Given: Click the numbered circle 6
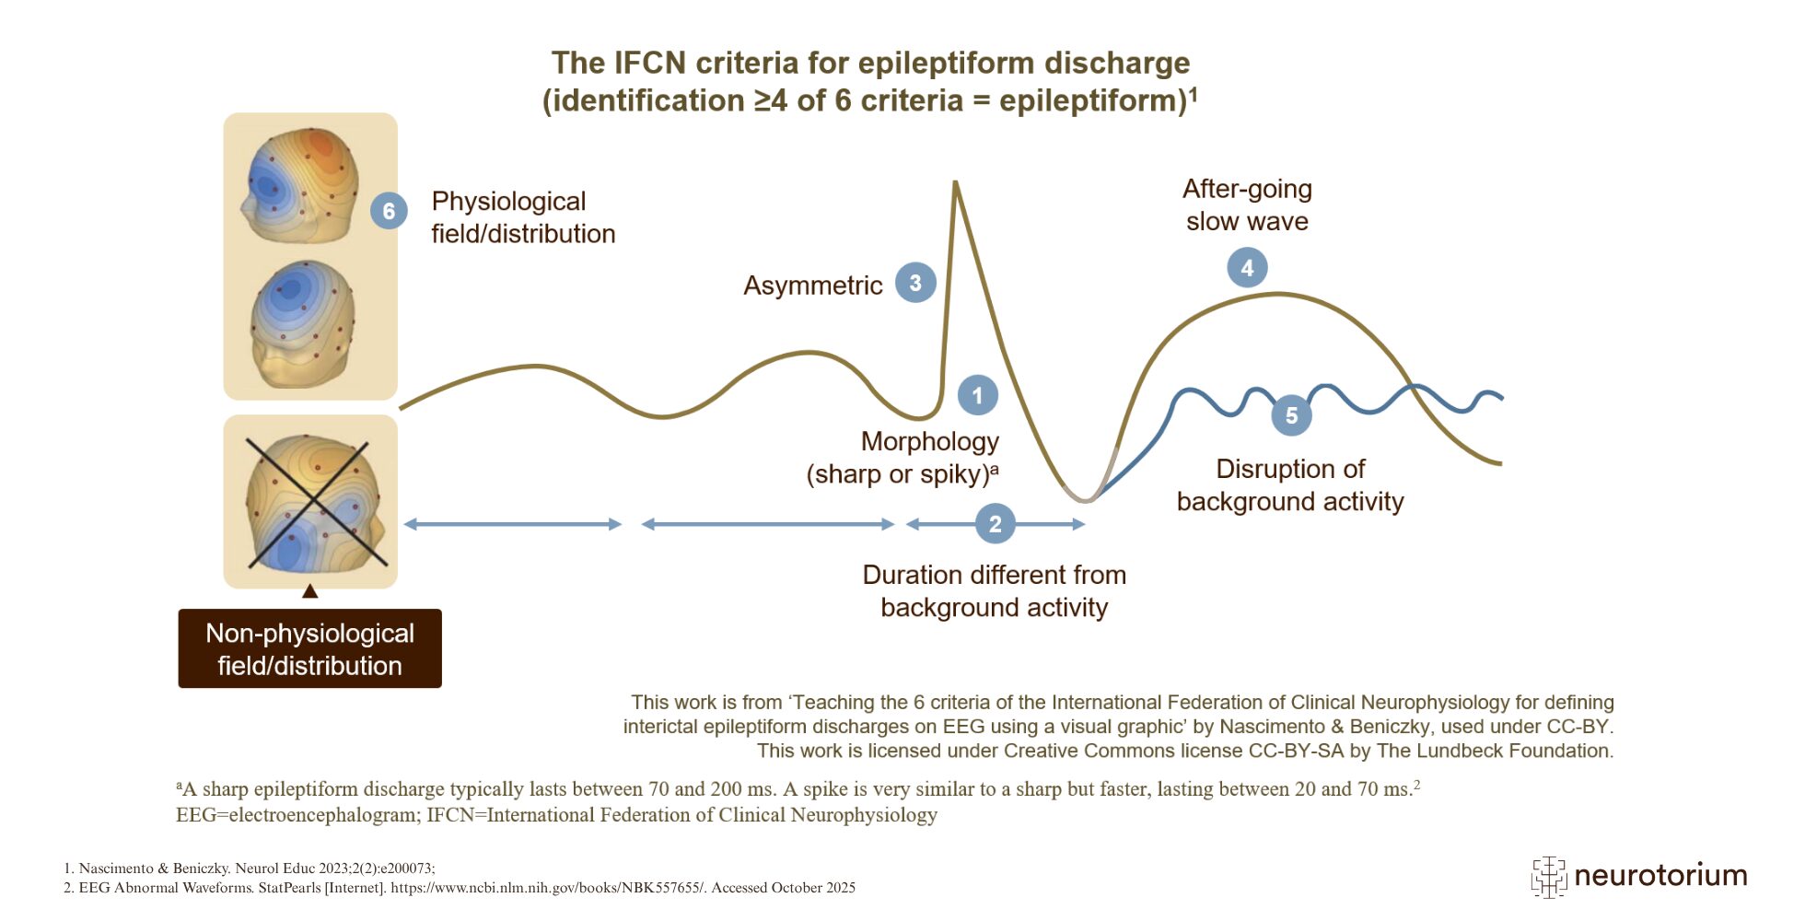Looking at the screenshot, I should click(389, 211).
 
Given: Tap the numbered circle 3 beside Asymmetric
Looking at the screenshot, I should click(915, 283).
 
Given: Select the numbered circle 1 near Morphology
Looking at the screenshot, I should click(977, 395).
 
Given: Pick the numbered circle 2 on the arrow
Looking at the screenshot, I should click(995, 524).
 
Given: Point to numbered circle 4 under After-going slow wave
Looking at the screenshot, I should click(1247, 268).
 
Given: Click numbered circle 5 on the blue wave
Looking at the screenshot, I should click(1291, 415).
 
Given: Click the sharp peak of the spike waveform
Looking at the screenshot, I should click(955, 184).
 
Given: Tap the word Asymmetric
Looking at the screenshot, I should click(812, 286).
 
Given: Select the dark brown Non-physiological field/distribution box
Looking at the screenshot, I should click(309, 648).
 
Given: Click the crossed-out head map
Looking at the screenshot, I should click(311, 502).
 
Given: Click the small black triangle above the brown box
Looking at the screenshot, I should click(309, 591).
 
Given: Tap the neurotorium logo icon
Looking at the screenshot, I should click(1548, 876).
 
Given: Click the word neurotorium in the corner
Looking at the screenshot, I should click(1660, 875).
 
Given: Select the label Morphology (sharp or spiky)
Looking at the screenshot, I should click(902, 458).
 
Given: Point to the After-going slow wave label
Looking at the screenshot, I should click(1247, 204).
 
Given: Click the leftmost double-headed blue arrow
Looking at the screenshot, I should click(512, 524).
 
